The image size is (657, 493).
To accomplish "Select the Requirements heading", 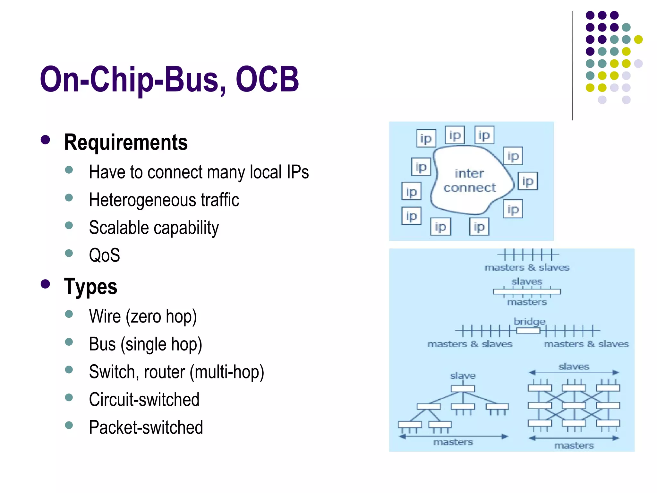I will click(x=126, y=142).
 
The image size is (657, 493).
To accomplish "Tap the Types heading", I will click(x=90, y=286).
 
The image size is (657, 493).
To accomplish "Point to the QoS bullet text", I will click(x=104, y=255).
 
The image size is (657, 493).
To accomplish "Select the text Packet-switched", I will click(x=146, y=427).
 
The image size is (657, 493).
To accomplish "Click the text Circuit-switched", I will click(x=144, y=400).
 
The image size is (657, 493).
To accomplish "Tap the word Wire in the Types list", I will click(x=105, y=316).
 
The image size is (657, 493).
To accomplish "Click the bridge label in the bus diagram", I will click(x=529, y=321).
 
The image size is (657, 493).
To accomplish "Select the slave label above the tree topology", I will click(x=463, y=376).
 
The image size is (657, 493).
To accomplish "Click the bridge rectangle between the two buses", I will click(x=528, y=331).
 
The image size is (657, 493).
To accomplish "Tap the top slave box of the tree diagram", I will click(x=463, y=389).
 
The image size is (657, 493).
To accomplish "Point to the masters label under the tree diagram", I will click(x=453, y=442).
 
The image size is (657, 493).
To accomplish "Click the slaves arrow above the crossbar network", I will click(x=574, y=373).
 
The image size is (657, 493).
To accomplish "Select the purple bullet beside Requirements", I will click(x=46, y=140).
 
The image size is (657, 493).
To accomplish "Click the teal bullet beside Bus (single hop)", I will click(x=69, y=342).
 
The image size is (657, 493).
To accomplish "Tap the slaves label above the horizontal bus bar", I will click(x=527, y=281).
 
